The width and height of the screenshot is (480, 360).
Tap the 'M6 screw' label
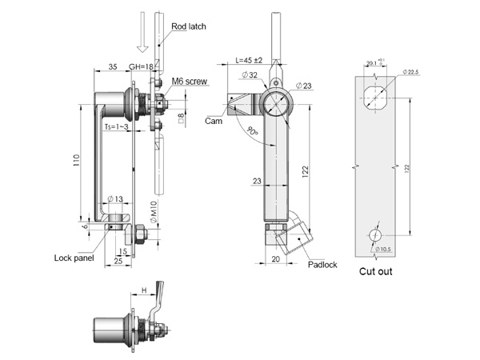coord(189,80)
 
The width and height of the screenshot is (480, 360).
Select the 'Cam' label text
coord(214,121)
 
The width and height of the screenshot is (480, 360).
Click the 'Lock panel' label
coord(74,258)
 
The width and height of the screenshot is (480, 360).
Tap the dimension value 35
coord(112,67)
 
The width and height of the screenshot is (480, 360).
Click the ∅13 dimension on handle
coord(114,198)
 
